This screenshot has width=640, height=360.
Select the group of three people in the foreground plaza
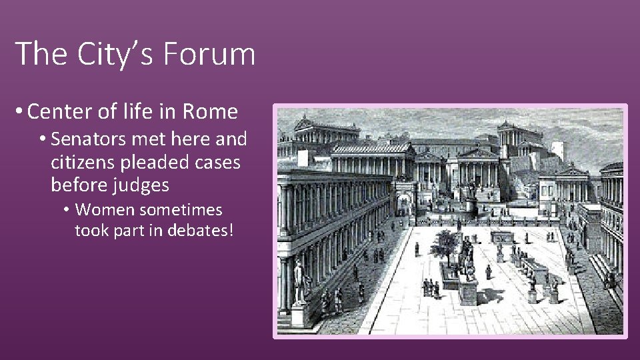pyautogui.click(x=431, y=287)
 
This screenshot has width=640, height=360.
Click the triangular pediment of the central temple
pyautogui.click(x=477, y=153)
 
